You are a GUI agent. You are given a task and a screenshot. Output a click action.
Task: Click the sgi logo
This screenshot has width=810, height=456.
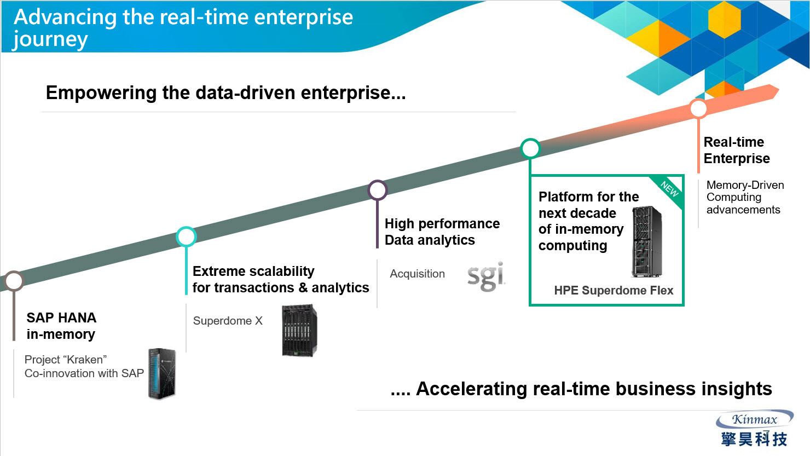pyautogui.click(x=485, y=276)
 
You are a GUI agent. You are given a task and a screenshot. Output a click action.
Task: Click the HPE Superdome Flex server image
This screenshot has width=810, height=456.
pyautogui.click(x=647, y=241)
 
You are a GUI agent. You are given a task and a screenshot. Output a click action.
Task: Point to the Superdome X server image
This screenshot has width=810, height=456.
pyautogui.click(x=299, y=331)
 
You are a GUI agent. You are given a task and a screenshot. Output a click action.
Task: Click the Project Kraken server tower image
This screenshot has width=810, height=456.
pyautogui.click(x=161, y=373)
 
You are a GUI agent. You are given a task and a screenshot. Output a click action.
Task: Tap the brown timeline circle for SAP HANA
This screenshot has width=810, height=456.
pyautogui.click(x=14, y=281)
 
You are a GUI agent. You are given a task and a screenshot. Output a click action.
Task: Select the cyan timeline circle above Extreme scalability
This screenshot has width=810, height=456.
pyautogui.click(x=186, y=237)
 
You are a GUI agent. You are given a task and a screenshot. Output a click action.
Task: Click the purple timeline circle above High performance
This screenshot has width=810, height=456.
pyautogui.click(x=378, y=190)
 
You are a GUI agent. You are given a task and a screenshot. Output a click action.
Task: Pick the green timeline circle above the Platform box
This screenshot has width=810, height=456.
pyautogui.click(x=530, y=148)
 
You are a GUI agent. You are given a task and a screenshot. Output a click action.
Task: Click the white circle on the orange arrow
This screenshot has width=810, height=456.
pyautogui.click(x=698, y=108)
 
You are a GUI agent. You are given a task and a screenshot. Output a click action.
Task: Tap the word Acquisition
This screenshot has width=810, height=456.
pyautogui.click(x=417, y=274)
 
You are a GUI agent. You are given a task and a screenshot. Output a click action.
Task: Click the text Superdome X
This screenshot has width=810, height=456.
pyautogui.click(x=228, y=321)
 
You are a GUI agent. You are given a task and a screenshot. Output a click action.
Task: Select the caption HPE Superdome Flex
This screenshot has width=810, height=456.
pyautogui.click(x=614, y=290)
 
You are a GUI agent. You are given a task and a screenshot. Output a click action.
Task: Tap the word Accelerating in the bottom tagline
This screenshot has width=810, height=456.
pyautogui.click(x=471, y=389)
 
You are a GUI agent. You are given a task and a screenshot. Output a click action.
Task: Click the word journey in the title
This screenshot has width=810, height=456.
pyautogui.click(x=50, y=39)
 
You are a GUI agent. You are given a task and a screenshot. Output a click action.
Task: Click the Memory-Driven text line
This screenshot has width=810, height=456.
pyautogui.click(x=745, y=185)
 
